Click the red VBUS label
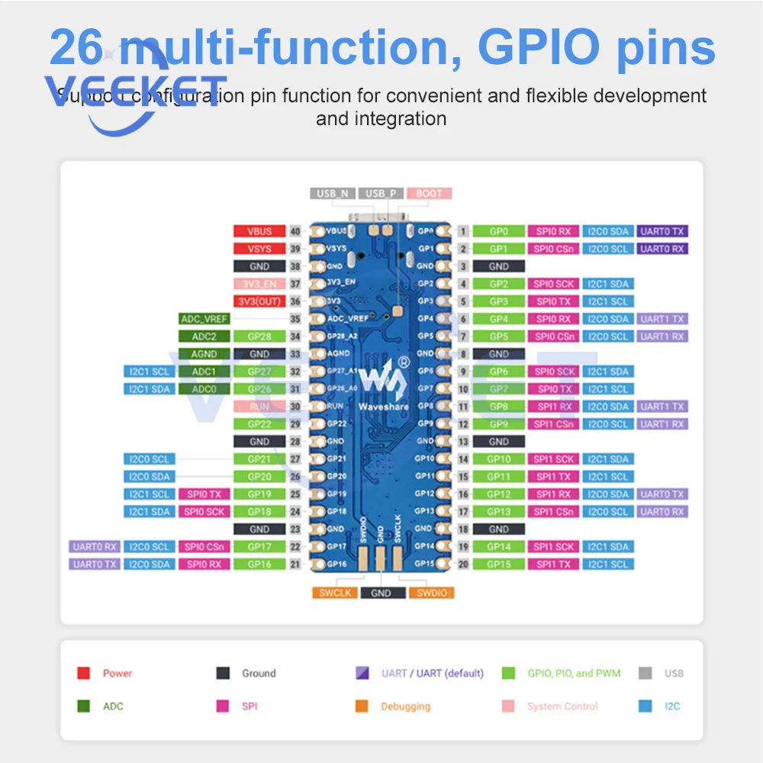pos(259,231)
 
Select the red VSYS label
pos(259,249)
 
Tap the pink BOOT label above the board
pos(429,194)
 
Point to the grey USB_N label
pos(333,194)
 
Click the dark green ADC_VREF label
pos(204,319)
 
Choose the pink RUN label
pos(259,407)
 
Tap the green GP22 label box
pos(259,424)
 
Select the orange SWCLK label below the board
pos(334,593)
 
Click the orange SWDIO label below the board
pos(430,593)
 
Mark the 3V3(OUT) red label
pos(259,301)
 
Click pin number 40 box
pos(295,231)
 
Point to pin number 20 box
pos(463,565)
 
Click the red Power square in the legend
pos(84,674)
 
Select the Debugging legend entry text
pos(405,707)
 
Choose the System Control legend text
pos(562,707)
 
